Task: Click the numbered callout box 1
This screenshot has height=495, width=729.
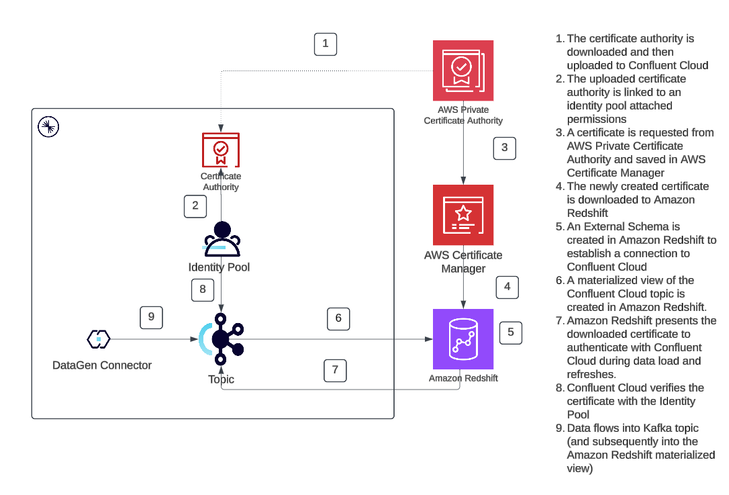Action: coord(326,44)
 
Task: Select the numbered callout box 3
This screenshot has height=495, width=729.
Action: coord(505,148)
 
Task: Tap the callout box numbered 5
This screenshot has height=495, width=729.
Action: coord(510,331)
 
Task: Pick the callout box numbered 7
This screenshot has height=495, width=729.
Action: coord(335,370)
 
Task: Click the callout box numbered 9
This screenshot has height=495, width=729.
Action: coord(151,317)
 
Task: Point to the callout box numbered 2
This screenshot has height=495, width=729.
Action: coord(195,206)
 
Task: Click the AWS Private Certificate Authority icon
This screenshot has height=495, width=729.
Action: coord(463,70)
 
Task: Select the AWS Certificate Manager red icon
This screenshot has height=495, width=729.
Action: coord(463,215)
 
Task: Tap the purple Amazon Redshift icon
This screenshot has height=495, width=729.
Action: coord(463,339)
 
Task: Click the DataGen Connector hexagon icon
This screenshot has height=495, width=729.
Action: coord(99,339)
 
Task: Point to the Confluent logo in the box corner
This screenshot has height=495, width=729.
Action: coord(48,126)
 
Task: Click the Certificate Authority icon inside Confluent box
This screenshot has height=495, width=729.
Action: coord(221,150)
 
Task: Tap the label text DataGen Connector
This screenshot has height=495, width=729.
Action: coord(102,365)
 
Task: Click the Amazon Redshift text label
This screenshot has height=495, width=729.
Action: coord(463,378)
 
